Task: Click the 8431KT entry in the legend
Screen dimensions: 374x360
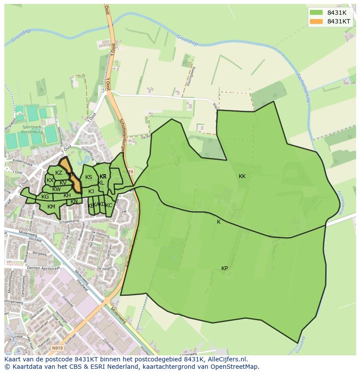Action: [339, 21]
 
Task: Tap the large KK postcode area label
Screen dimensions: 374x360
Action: [242, 176]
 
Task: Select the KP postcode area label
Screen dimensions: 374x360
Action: [224, 268]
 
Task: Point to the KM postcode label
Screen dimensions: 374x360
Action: [51, 207]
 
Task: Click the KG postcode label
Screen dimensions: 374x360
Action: [45, 197]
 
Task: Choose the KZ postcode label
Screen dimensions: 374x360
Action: [59, 173]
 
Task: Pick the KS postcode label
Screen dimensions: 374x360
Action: [89, 177]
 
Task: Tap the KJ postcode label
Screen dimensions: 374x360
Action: [91, 192]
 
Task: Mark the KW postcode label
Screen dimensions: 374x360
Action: [57, 189]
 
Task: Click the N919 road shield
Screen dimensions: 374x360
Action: [57, 348]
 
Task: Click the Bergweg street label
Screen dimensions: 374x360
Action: [39, 254]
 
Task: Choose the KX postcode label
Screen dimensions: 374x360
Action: [50, 180]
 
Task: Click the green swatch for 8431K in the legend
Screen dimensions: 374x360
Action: [316, 13]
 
